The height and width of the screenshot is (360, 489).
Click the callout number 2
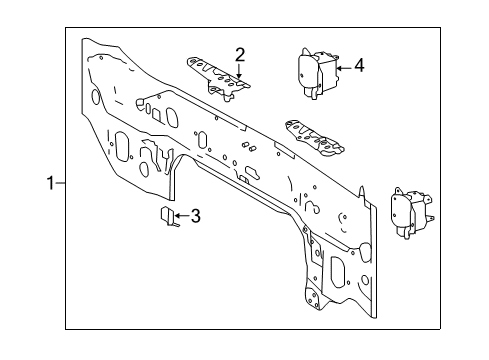[240, 54]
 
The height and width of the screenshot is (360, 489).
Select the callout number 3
[196, 215]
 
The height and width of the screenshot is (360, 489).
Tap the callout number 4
[359, 67]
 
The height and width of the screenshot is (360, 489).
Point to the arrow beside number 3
[180, 214]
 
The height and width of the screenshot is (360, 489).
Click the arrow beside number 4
[342, 67]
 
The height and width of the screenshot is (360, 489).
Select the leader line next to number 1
[60, 184]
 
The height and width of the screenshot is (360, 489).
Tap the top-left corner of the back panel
[88, 42]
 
